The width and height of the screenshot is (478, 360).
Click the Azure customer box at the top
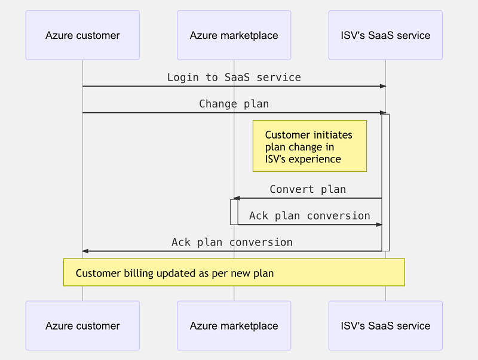pyautogui.click(x=82, y=35)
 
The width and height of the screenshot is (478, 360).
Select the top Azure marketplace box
pyautogui.click(x=234, y=35)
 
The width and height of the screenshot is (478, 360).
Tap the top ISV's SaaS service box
pyautogui.click(x=385, y=35)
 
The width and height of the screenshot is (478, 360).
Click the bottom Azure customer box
pyautogui.click(x=82, y=326)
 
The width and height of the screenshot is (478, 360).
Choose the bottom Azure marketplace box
pyautogui.click(x=234, y=326)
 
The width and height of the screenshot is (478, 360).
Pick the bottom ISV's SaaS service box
pyautogui.click(x=385, y=326)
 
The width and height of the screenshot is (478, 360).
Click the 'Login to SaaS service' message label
pyautogui.click(x=234, y=78)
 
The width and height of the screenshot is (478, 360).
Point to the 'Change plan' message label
pyautogui.click(x=234, y=104)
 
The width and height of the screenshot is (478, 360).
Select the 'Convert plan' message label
pyautogui.click(x=308, y=189)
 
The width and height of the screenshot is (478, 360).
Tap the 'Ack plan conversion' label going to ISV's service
pyautogui.click(x=310, y=216)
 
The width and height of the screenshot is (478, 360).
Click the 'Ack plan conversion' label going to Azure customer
pyautogui.click(x=232, y=242)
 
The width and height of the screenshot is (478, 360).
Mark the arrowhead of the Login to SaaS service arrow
pyautogui.click(x=383, y=87)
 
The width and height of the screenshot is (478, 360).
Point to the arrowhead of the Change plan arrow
pyautogui.click(x=383, y=113)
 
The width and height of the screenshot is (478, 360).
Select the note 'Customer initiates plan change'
pyautogui.click(x=310, y=147)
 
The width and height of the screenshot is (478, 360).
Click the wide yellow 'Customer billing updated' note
pyautogui.click(x=234, y=272)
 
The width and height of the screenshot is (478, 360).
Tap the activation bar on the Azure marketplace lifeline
pyautogui.click(x=234, y=212)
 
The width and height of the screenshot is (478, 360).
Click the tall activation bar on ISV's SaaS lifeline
pyautogui.click(x=385, y=182)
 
